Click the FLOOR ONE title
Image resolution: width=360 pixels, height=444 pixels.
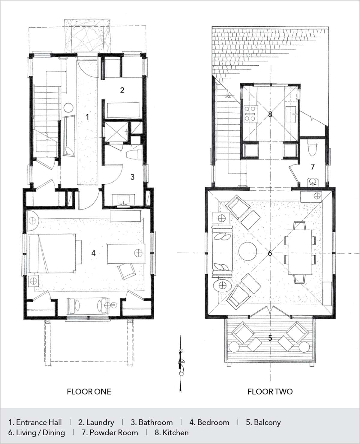tap(89, 392)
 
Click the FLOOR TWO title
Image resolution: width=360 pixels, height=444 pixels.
tap(270, 392)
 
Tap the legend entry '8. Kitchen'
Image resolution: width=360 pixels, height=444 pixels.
tap(172, 432)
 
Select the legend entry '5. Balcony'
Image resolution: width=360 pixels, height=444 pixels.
tap(263, 422)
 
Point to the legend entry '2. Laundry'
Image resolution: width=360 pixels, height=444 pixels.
tap(96, 422)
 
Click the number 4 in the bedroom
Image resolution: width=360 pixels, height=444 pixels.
tap(93, 253)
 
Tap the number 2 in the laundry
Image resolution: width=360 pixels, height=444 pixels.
tap(122, 90)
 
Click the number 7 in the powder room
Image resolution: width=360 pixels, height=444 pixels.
tap(313, 166)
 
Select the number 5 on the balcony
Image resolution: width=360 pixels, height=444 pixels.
tap(270, 338)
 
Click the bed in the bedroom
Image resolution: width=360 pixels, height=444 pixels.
tap(52, 253)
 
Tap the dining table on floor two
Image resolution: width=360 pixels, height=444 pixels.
tap(300, 252)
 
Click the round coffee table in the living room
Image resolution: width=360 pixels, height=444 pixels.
tap(248, 251)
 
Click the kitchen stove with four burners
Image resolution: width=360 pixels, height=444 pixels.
tap(250, 114)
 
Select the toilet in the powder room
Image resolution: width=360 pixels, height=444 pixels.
tap(312, 149)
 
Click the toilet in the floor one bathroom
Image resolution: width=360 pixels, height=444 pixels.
tap(134, 155)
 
